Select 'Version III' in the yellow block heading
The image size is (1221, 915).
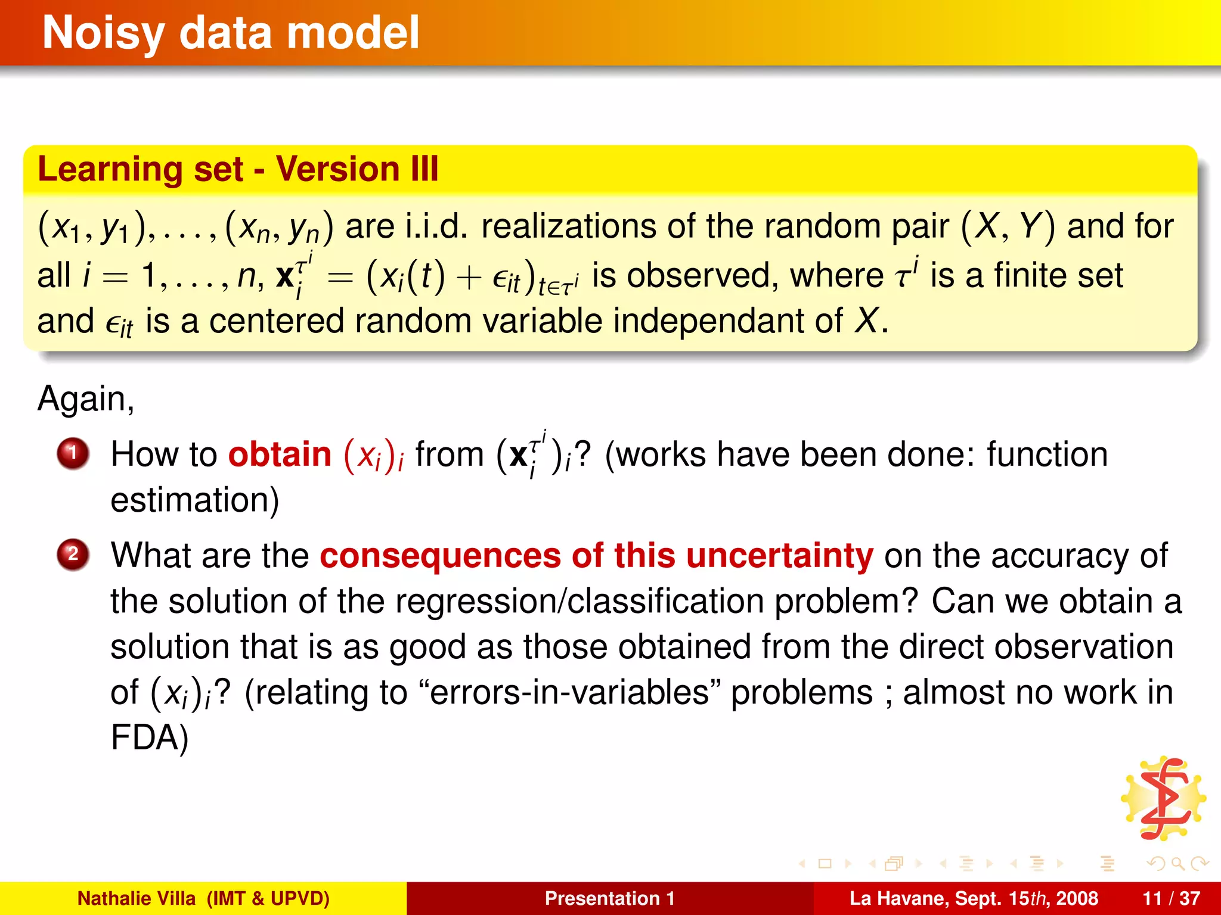[357, 169]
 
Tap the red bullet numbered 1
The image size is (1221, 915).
[73, 454]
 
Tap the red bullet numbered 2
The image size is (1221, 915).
[73, 555]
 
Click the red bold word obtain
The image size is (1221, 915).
[280, 455]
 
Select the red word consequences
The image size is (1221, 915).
[440, 556]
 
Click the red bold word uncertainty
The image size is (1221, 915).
[779, 556]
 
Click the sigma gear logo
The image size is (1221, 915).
[1163, 799]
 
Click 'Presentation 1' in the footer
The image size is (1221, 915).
[609, 898]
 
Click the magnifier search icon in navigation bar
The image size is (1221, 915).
[1177, 863]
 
